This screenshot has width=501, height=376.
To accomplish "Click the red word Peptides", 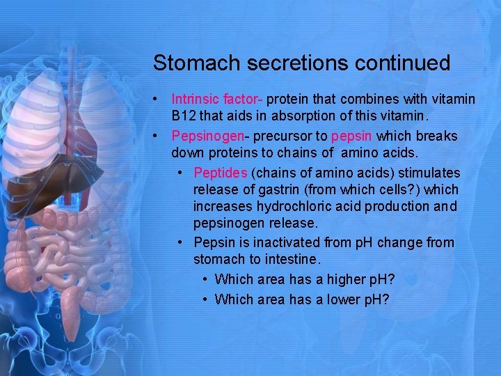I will (221, 172).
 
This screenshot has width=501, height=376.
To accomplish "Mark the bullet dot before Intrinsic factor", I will (159, 100).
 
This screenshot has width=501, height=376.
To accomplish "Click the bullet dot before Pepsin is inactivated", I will (180, 242).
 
